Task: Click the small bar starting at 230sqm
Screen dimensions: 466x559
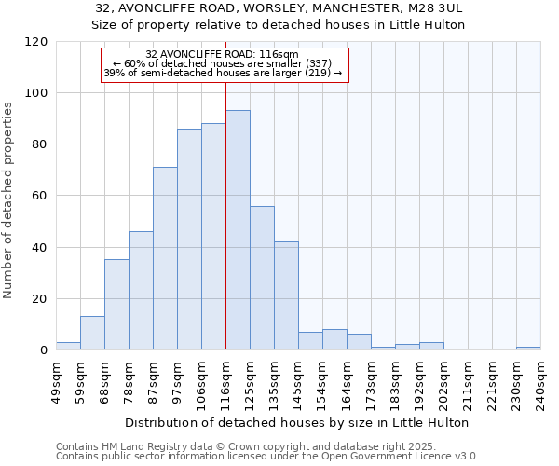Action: coord(528,348)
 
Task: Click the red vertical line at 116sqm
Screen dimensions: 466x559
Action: coord(225,214)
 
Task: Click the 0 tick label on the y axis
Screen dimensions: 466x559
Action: coord(44,350)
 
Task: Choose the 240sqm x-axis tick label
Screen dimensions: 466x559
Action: coord(540,380)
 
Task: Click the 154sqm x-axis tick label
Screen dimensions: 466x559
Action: coord(322,380)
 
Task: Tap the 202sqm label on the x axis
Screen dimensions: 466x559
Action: coord(443,380)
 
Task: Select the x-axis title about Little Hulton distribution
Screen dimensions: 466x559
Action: coord(297,422)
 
